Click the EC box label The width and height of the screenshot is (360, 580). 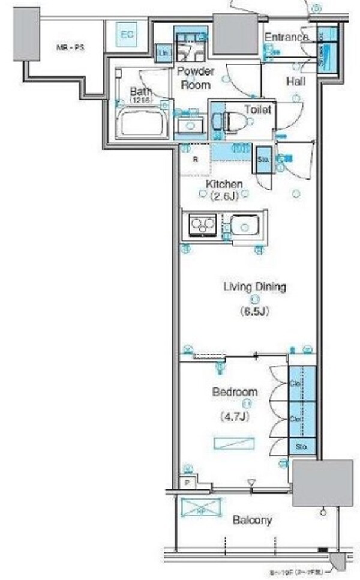126,35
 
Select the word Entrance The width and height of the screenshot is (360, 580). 286,37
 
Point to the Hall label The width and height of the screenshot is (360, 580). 294,80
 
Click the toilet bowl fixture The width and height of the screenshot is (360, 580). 231,119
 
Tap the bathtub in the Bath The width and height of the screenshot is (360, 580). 142,124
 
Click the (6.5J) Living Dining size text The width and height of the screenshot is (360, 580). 254,312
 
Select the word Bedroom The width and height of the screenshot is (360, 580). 234,392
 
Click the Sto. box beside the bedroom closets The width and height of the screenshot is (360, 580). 302,447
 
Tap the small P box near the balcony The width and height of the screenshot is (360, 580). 188,482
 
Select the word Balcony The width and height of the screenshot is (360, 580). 253,520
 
